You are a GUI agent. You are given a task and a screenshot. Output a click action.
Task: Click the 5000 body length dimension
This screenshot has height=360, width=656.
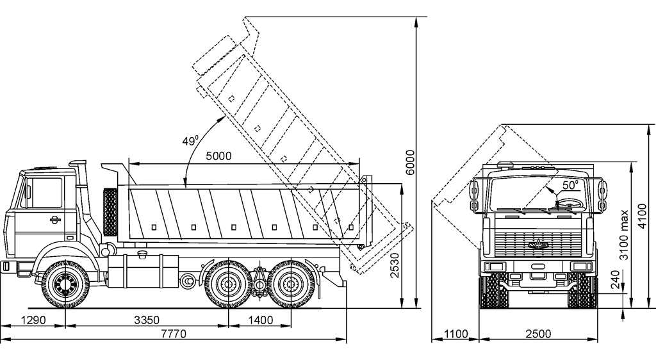[218, 156]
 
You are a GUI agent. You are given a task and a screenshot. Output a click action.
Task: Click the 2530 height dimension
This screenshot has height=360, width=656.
[395, 262]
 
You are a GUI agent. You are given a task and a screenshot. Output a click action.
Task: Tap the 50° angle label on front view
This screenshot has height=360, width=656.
[570, 184]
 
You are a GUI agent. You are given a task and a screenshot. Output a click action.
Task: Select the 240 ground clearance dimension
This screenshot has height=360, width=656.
[616, 281]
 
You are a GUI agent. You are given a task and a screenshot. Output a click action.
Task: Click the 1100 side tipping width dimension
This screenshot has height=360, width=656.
[455, 334]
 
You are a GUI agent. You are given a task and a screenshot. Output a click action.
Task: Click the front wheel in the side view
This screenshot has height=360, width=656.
[65, 281]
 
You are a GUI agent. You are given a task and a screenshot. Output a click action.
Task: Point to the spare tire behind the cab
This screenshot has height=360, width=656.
[110, 212]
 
